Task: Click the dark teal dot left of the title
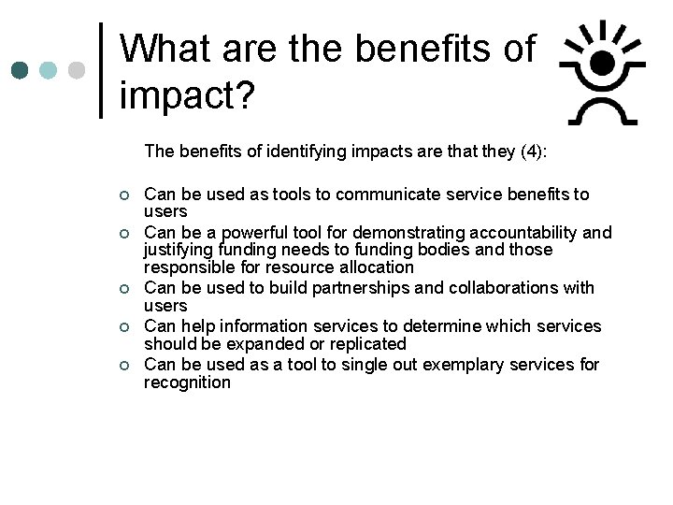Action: (x=21, y=71)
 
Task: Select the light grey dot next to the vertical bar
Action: (x=77, y=71)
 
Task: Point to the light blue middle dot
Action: (x=49, y=71)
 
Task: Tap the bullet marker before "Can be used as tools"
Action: (x=122, y=195)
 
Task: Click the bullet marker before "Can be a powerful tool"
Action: (x=122, y=233)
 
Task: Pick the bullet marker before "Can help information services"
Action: (x=122, y=327)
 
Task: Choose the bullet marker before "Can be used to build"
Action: (x=122, y=289)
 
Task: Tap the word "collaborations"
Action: (x=504, y=288)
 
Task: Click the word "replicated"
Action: (x=365, y=344)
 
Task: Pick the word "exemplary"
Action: (x=462, y=364)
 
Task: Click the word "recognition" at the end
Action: (x=187, y=382)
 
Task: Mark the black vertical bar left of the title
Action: (x=101, y=71)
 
